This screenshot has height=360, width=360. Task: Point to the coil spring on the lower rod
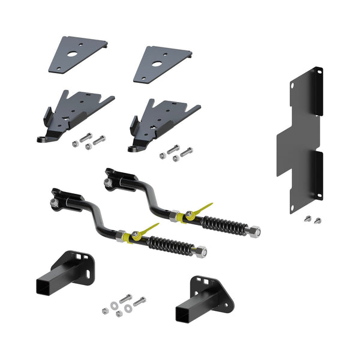pyautogui.click(x=172, y=245)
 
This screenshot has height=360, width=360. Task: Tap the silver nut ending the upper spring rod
pyautogui.click(x=254, y=230)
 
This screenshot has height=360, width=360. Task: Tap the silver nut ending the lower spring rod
pyautogui.click(x=201, y=251)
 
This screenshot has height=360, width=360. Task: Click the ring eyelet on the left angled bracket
pyautogui.click(x=44, y=139)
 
